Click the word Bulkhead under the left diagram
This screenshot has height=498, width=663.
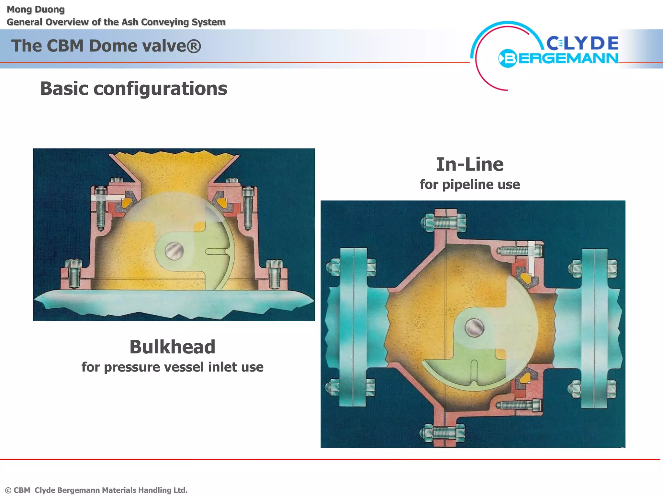[172, 347]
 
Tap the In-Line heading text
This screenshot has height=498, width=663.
[470, 164]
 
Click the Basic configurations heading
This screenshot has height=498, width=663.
[134, 89]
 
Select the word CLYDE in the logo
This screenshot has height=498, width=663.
[582, 43]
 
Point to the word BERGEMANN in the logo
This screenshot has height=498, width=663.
[558, 58]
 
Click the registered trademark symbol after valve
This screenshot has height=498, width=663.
[194, 46]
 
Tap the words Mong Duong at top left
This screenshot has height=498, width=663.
[36, 10]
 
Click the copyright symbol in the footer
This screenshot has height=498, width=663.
[8, 491]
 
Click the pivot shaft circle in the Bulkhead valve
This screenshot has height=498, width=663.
[174, 251]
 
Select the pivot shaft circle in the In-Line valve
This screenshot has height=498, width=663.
[474, 327]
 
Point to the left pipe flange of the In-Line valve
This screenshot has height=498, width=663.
[354, 327]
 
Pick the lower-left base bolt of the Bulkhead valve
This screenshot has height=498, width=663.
[74, 274]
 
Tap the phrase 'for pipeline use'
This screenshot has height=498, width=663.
[470, 184]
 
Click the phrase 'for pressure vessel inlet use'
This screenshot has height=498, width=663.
[173, 367]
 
